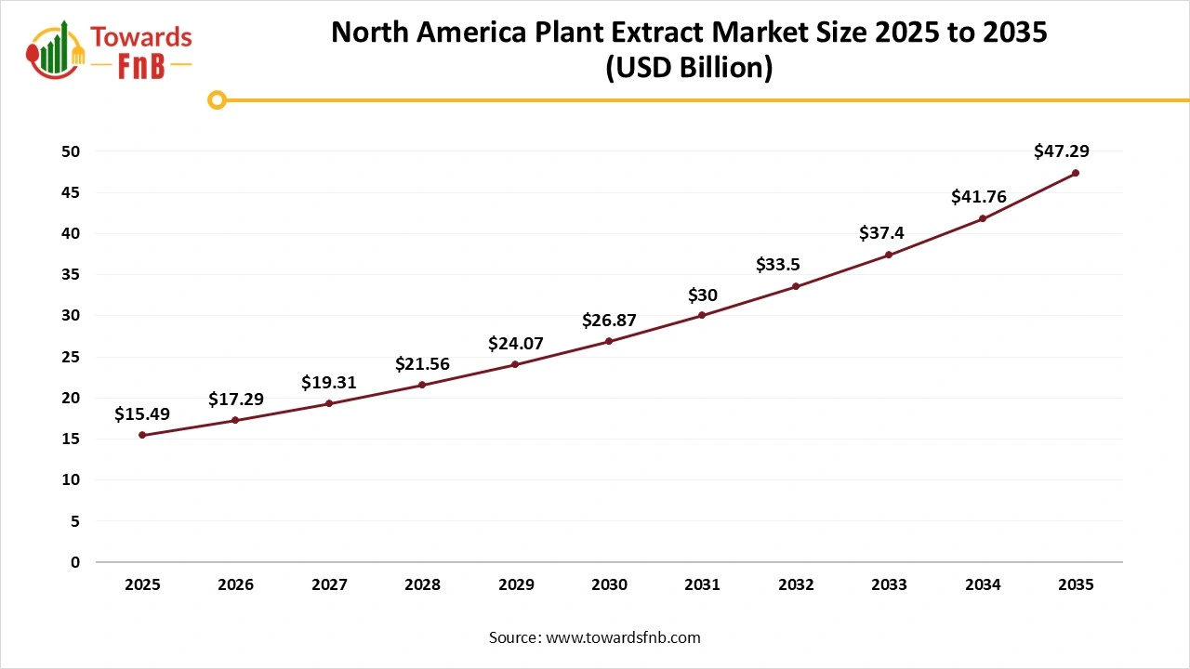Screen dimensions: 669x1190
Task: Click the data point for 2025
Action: (142, 435)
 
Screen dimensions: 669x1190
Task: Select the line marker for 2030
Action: (609, 341)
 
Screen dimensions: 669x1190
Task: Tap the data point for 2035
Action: (1076, 173)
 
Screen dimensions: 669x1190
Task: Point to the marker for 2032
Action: (796, 286)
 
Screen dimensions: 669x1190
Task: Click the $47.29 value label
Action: (1061, 151)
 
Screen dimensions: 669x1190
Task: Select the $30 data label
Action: (702, 295)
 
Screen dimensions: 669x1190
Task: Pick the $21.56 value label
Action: (422, 364)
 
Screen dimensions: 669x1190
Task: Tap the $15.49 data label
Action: (142, 414)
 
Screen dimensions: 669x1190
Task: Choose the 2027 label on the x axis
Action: (329, 585)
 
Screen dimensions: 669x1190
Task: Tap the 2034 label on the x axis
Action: (983, 585)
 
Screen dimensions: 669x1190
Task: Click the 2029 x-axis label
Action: (516, 585)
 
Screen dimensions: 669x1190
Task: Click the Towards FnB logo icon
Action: (56, 48)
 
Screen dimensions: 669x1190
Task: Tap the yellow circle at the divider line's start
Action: (217, 99)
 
